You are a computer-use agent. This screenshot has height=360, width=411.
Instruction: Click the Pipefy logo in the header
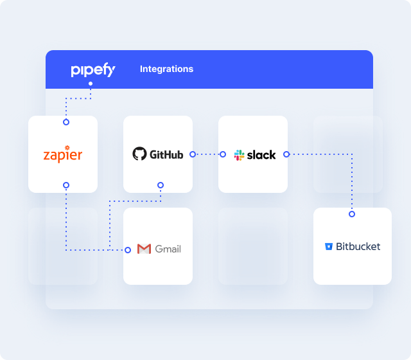(92, 69)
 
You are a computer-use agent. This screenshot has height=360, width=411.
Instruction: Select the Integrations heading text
(166, 69)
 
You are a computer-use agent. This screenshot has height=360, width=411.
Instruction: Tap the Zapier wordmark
(62, 155)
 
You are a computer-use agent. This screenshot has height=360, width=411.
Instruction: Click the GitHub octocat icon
(139, 154)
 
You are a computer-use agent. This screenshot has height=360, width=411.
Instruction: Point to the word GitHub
(166, 155)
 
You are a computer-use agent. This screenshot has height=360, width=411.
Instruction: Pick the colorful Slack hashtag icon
(240, 155)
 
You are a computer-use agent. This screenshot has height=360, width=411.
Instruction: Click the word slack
(261, 155)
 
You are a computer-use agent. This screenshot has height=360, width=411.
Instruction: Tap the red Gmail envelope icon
(144, 249)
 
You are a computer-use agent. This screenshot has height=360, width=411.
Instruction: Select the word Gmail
(168, 249)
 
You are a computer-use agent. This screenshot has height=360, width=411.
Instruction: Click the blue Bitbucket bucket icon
(329, 246)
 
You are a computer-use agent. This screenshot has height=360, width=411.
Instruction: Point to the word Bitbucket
(358, 246)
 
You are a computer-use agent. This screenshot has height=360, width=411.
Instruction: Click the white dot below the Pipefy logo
(91, 84)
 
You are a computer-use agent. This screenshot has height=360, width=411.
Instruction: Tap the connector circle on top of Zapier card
(66, 122)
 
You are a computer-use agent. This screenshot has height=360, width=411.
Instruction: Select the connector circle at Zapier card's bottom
(66, 185)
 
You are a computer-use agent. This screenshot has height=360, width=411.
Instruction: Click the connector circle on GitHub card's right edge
(193, 154)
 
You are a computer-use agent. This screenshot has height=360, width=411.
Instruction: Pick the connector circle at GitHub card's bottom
(161, 185)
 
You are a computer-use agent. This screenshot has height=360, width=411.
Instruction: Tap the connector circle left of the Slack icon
(223, 154)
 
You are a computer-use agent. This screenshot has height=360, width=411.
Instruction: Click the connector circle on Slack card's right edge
(286, 154)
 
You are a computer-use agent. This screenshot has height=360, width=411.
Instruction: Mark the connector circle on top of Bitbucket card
(352, 213)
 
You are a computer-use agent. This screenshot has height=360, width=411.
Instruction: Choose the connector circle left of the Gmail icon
(128, 249)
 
